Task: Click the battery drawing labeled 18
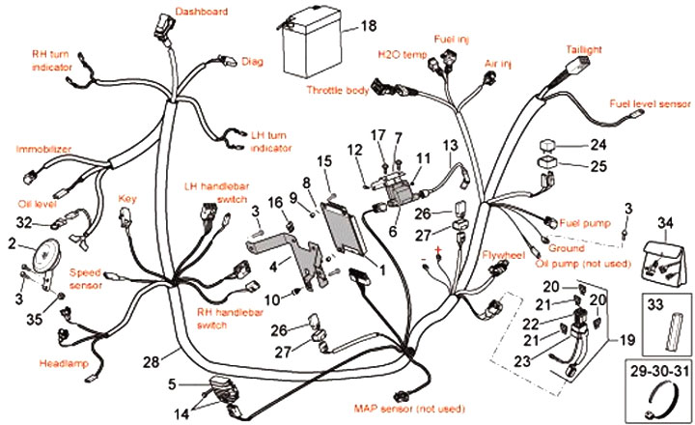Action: (313, 43)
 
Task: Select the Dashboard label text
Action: (202, 12)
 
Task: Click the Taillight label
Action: (584, 49)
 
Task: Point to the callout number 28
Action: (151, 362)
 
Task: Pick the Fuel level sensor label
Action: (650, 103)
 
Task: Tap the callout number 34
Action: (665, 223)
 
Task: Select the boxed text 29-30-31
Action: (660, 371)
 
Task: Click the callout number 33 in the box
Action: (655, 305)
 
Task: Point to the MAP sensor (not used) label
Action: (409, 409)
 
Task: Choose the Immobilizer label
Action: (43, 149)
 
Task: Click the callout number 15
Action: (324, 161)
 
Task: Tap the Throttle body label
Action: (338, 90)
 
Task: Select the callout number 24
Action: (598, 145)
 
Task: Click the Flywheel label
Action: (504, 255)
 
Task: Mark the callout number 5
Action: (173, 384)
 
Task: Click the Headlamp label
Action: (64, 364)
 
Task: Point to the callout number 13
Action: (450, 146)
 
